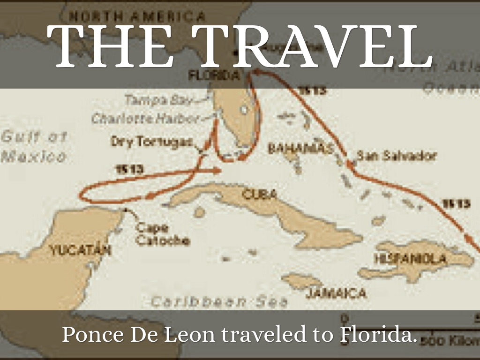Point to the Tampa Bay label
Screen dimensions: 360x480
159,100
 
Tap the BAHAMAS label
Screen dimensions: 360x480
300,149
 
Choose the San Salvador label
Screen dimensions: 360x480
396,156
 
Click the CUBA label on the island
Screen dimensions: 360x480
259,194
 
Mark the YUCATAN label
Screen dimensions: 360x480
80,250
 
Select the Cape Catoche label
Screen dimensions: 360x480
162,234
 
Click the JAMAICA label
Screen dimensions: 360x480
336,293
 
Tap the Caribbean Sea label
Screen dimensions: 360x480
219,301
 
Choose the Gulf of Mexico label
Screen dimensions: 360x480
34,146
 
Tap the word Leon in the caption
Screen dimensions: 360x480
194,335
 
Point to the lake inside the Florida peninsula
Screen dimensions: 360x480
243,110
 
